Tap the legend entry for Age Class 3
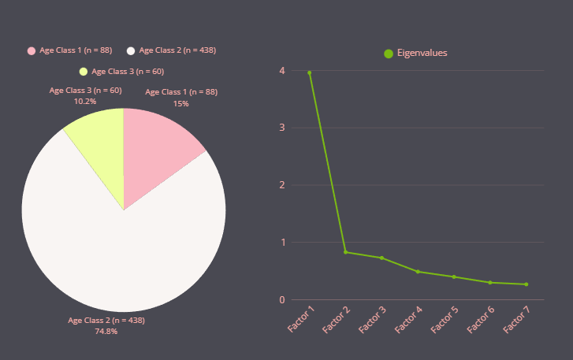[121, 72]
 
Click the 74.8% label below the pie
[106, 332]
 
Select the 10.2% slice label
[85, 101]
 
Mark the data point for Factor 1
[309, 72]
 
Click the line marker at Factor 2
[345, 252]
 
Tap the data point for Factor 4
[418, 272]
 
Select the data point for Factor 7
[526, 284]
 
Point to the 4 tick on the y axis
[281, 71]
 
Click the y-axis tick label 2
[281, 185]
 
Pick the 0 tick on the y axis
[281, 299]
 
